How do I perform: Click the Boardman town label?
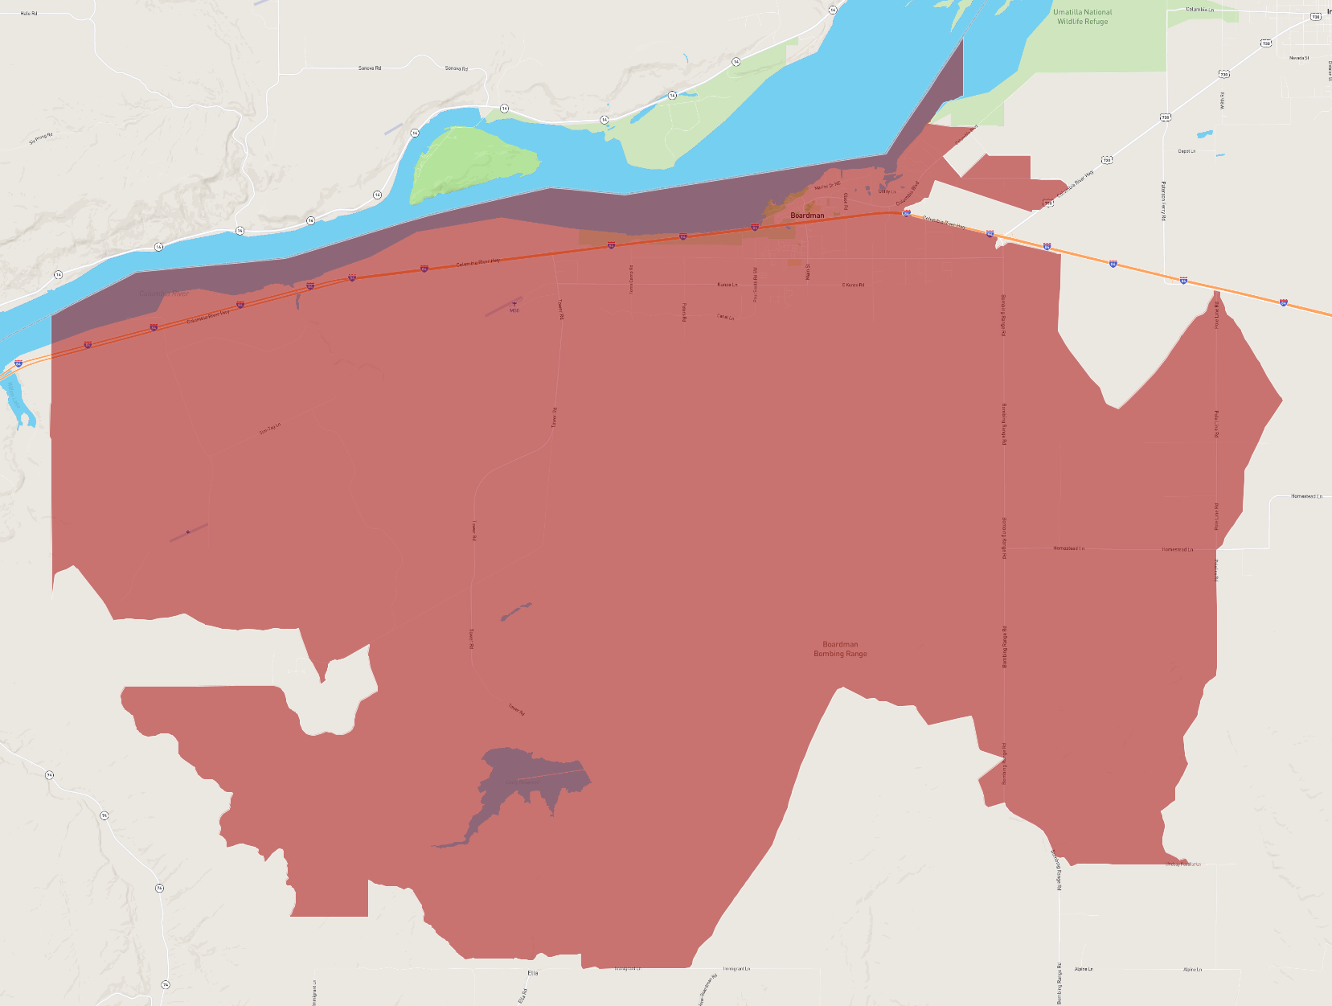(807, 216)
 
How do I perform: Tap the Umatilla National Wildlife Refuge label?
(1082, 17)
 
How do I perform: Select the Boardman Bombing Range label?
(840, 649)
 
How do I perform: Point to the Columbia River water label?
(164, 294)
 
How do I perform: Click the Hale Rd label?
(29, 14)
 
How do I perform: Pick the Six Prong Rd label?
(41, 138)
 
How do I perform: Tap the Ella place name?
(532, 973)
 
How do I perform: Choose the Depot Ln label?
(1187, 151)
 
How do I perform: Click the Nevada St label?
(1299, 58)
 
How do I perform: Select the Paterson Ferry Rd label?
(1163, 201)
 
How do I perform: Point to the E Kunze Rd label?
(853, 285)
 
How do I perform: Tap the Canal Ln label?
(725, 317)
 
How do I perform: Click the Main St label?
(808, 272)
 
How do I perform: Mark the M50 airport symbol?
(514, 306)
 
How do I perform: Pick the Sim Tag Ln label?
(270, 429)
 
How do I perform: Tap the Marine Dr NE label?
(827, 186)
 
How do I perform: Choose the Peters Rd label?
(684, 312)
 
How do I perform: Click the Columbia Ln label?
(1200, 10)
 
